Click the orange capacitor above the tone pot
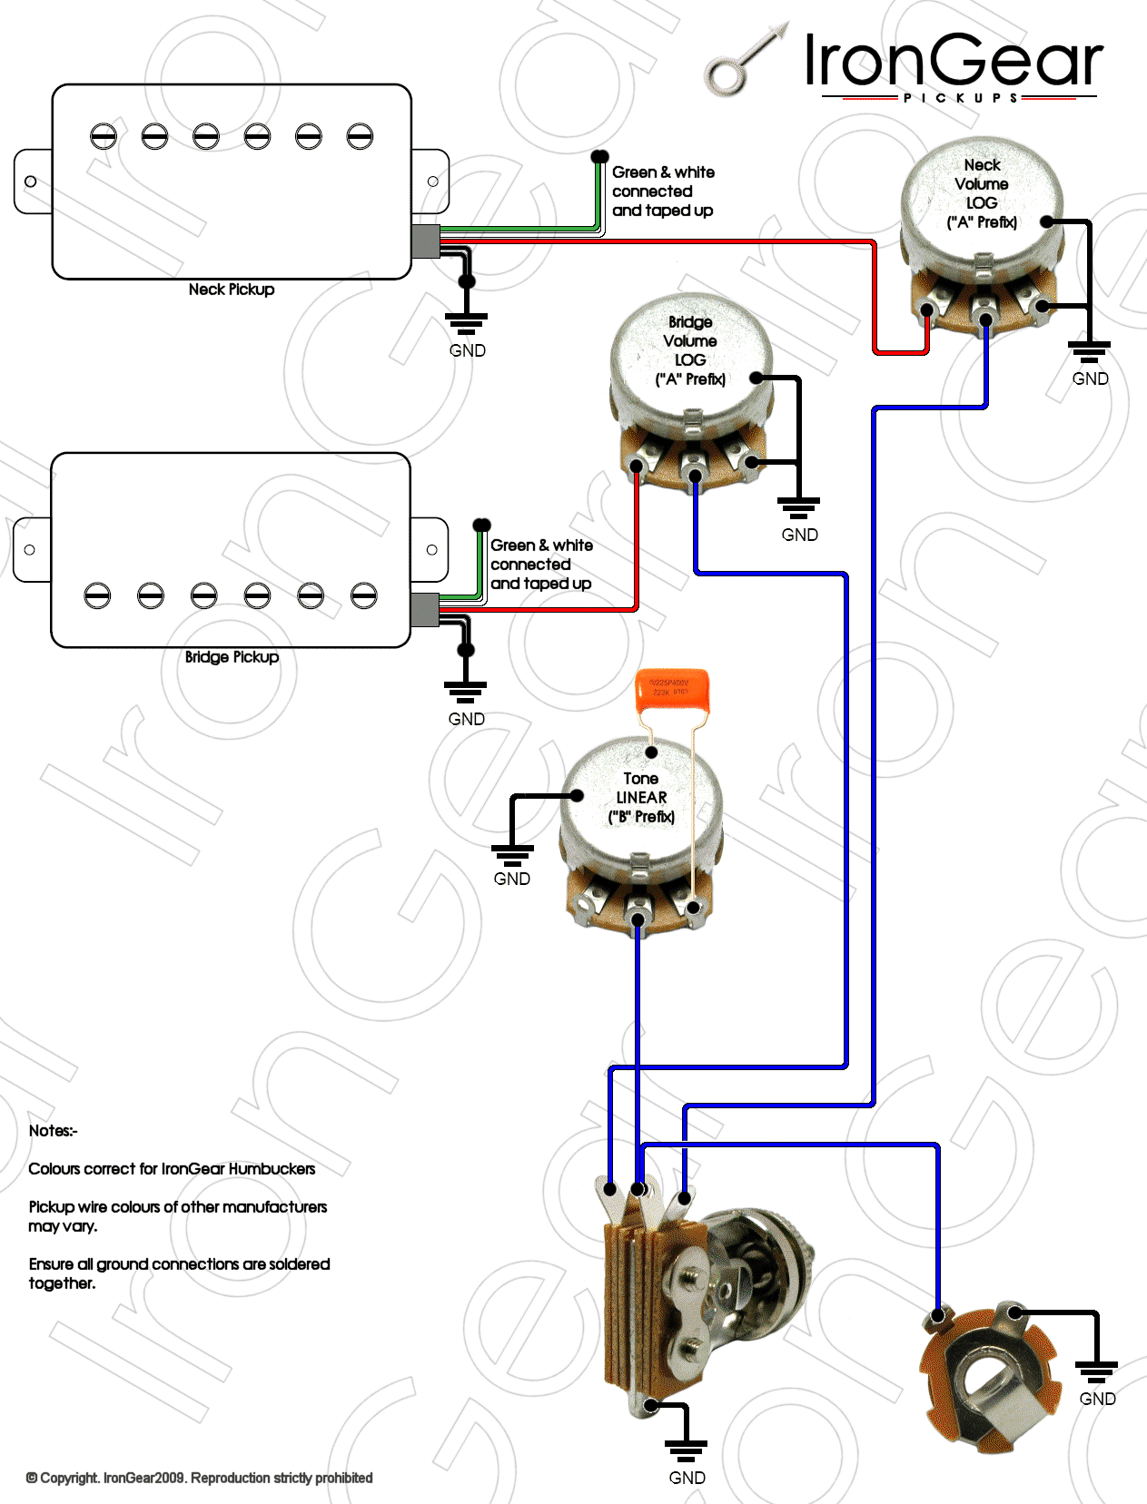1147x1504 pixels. pyautogui.click(x=672, y=691)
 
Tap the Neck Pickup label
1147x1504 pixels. pyautogui.click(x=232, y=290)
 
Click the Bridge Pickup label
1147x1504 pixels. pyautogui.click(x=232, y=657)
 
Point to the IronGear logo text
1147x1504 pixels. pyautogui.click(x=954, y=62)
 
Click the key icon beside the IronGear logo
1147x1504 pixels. pyautogui.click(x=741, y=62)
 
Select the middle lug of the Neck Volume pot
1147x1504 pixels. pyautogui.click(x=984, y=317)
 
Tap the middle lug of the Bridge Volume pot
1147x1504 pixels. pyautogui.click(x=694, y=474)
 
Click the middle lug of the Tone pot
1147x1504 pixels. pyautogui.click(x=638, y=919)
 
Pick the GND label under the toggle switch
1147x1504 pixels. pyautogui.click(x=687, y=1478)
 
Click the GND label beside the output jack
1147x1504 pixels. pyautogui.click(x=1097, y=1399)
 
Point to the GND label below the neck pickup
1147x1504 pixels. pyautogui.click(x=467, y=350)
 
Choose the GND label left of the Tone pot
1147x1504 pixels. pyautogui.click(x=511, y=879)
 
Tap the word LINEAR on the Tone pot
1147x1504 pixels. pyautogui.click(x=641, y=797)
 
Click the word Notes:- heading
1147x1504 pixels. pyautogui.click(x=53, y=1131)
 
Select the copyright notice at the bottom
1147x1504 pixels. pyautogui.click(x=200, y=1478)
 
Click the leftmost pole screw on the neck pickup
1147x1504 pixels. pyautogui.click(x=104, y=136)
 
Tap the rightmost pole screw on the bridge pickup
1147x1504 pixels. pyautogui.click(x=363, y=595)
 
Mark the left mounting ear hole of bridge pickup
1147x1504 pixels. pyautogui.click(x=30, y=550)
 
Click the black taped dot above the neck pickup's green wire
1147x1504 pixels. pyautogui.click(x=599, y=156)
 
